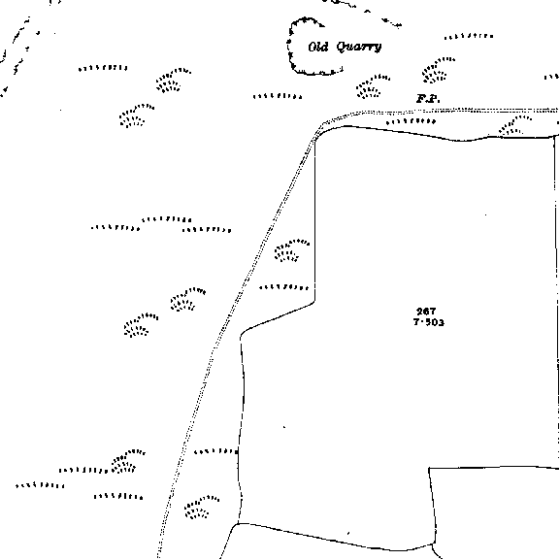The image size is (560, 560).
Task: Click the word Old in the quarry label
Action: coord(318,47)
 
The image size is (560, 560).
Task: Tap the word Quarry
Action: coord(359,47)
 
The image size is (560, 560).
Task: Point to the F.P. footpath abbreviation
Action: coord(428,99)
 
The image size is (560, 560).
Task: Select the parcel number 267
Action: coord(426,312)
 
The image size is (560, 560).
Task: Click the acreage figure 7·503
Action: coord(429,322)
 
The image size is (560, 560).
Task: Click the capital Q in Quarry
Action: coord(343,47)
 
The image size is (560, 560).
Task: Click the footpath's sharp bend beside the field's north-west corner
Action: coord(323,124)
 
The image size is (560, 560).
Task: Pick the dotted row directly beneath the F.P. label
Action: coord(411,121)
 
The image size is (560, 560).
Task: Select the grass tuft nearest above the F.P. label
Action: coord(437,70)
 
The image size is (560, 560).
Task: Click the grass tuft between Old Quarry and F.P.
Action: coord(372,86)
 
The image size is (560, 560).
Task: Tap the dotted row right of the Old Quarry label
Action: coord(469,37)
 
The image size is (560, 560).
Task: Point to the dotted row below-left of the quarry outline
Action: coord(278,96)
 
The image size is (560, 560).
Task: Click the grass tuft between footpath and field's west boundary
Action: coord(290,250)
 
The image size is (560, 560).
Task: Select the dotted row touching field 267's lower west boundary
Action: coord(216,451)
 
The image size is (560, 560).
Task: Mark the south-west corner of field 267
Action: coord(238,524)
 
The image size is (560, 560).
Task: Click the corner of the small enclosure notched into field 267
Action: coord(429,468)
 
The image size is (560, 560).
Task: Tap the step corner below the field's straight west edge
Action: coord(314,303)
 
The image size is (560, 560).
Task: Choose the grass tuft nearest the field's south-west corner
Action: coord(201,508)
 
